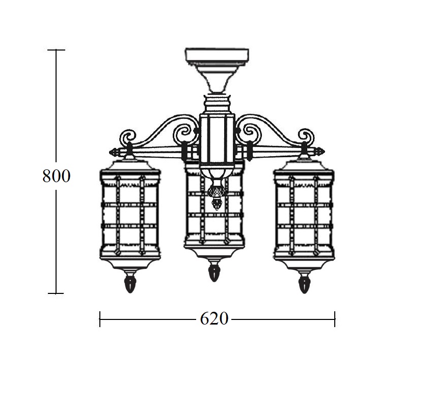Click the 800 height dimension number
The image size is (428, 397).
pos(57,176)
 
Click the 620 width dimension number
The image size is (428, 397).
pos(214,318)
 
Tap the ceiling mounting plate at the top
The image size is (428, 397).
pos(217,56)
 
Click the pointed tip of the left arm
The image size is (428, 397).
pos(110,152)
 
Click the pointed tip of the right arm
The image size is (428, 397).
pos(325,151)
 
